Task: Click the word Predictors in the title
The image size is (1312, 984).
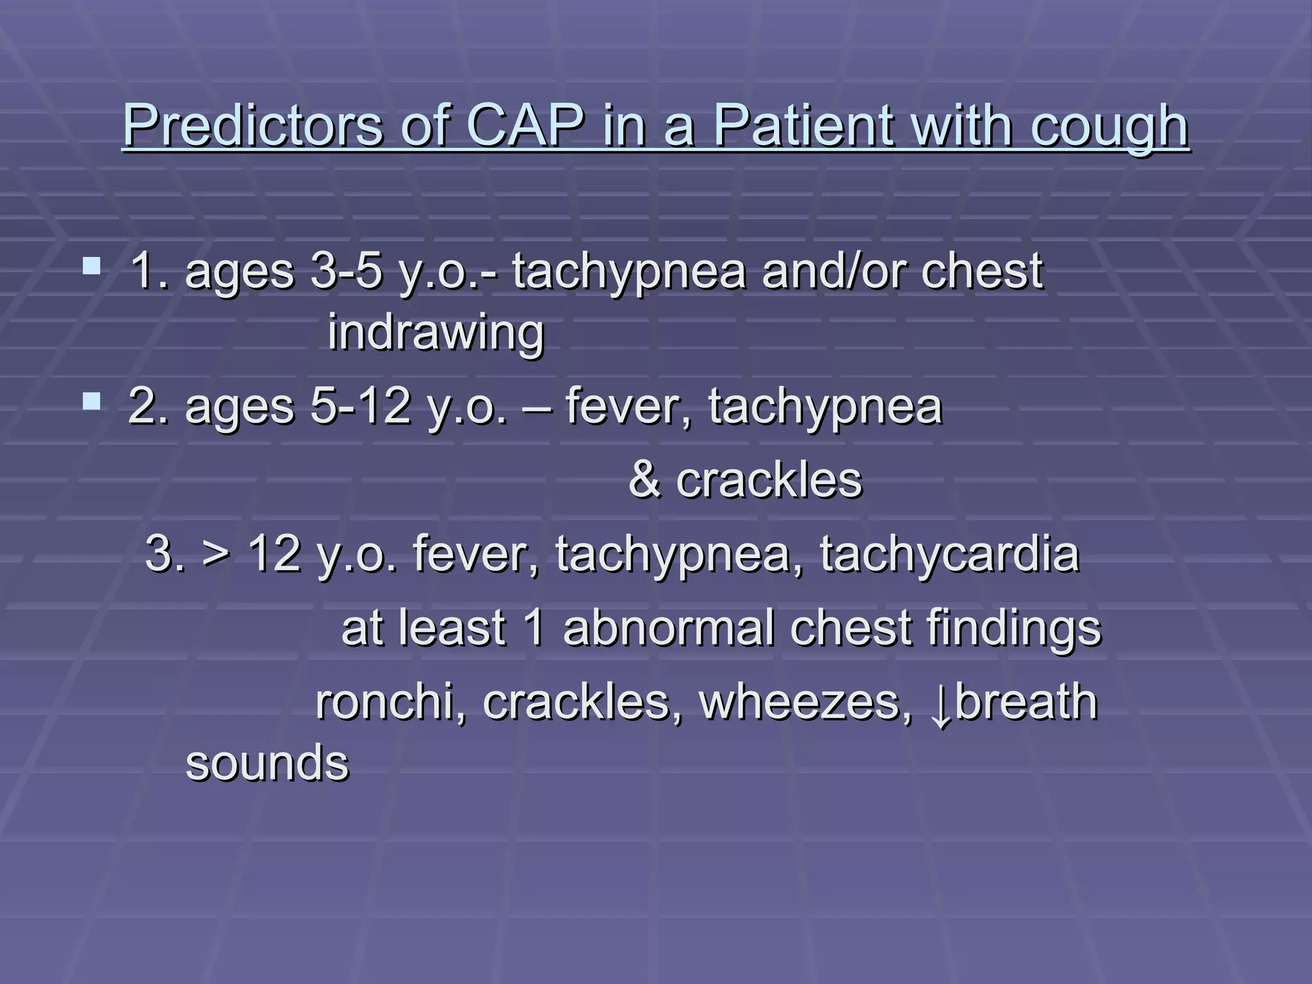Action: [x=252, y=126]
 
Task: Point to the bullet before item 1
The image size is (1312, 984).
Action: [x=92, y=265]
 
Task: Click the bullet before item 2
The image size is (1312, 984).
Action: [x=92, y=402]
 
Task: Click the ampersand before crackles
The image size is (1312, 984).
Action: [x=644, y=480]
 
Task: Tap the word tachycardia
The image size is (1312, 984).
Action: [x=950, y=553]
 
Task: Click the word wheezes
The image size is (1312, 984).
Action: [x=805, y=702]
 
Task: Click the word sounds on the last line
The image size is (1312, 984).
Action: [x=267, y=763]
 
